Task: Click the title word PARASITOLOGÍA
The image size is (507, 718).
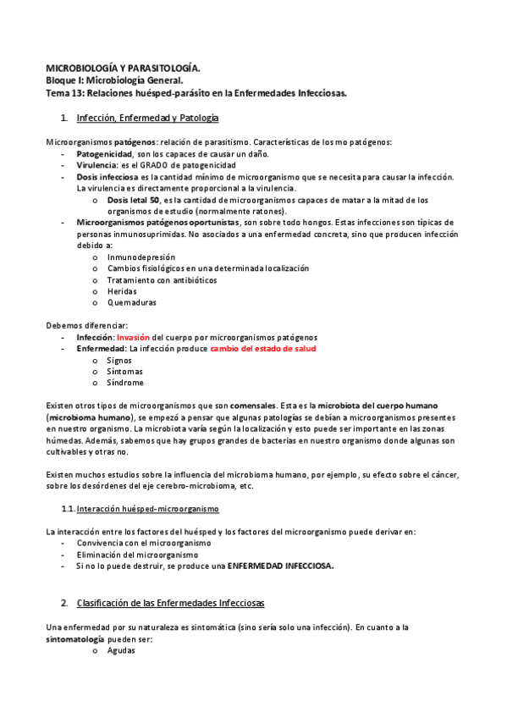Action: [160, 67]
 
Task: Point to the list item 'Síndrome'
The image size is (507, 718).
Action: [125, 382]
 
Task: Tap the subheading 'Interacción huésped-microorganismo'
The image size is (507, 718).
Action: [147, 509]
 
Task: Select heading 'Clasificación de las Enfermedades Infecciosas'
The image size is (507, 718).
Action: [170, 603]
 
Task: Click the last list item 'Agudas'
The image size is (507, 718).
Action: [121, 650]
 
